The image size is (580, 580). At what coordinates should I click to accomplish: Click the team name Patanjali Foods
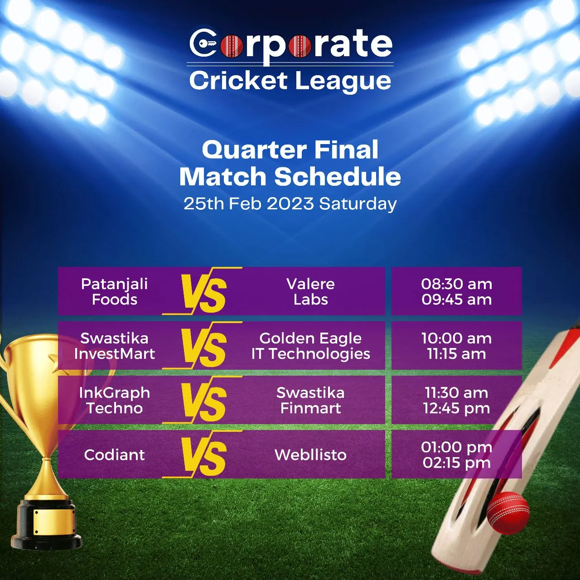pyautogui.click(x=115, y=291)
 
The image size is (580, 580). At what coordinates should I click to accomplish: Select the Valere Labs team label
pyautogui.click(x=310, y=291)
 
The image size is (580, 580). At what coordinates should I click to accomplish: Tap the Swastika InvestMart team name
pyautogui.click(x=115, y=346)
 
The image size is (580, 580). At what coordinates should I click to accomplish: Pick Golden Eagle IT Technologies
pyautogui.click(x=310, y=346)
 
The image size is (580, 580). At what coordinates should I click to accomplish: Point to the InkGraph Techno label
pyautogui.click(x=115, y=400)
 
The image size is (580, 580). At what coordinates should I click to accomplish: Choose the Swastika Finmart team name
pyautogui.click(x=310, y=400)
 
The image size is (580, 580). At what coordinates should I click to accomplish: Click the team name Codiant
pyautogui.click(x=115, y=454)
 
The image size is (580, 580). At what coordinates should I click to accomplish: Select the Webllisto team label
pyautogui.click(x=310, y=454)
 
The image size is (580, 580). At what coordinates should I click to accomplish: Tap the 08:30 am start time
pyautogui.click(x=456, y=284)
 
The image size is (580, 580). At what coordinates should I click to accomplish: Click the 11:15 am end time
pyautogui.click(x=456, y=354)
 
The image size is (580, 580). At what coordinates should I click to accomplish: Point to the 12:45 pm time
pyautogui.click(x=456, y=408)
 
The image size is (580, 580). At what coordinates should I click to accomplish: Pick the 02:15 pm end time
pyautogui.click(x=456, y=463)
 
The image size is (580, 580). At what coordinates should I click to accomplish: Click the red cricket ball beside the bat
pyautogui.click(x=508, y=513)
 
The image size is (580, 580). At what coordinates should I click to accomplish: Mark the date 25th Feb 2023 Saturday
pyautogui.click(x=290, y=203)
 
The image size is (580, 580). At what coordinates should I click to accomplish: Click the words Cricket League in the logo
pyautogui.click(x=290, y=81)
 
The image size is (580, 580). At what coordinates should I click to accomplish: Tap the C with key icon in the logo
pyautogui.click(x=203, y=43)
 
